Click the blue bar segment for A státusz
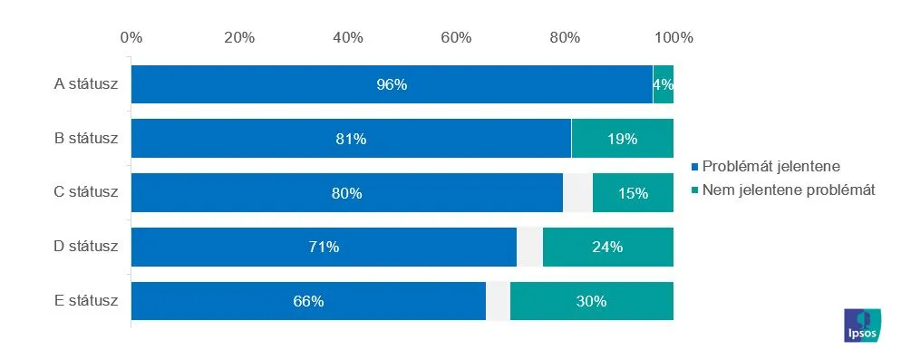click(x=392, y=84)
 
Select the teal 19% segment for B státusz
click(x=622, y=139)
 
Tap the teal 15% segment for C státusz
click(x=633, y=192)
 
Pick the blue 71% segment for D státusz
click(x=324, y=248)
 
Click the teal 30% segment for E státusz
click(x=591, y=301)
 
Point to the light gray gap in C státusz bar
click(x=577, y=192)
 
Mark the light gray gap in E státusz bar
click(x=498, y=301)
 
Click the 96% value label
click(x=392, y=85)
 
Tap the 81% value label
click(x=351, y=140)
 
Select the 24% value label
click(x=607, y=248)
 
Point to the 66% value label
click(x=308, y=302)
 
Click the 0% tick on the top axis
click(x=131, y=38)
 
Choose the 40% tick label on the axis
click(x=348, y=38)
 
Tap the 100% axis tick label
click(x=674, y=38)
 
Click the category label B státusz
click(x=85, y=139)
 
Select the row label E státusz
click(x=85, y=301)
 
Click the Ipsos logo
click(x=862, y=326)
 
